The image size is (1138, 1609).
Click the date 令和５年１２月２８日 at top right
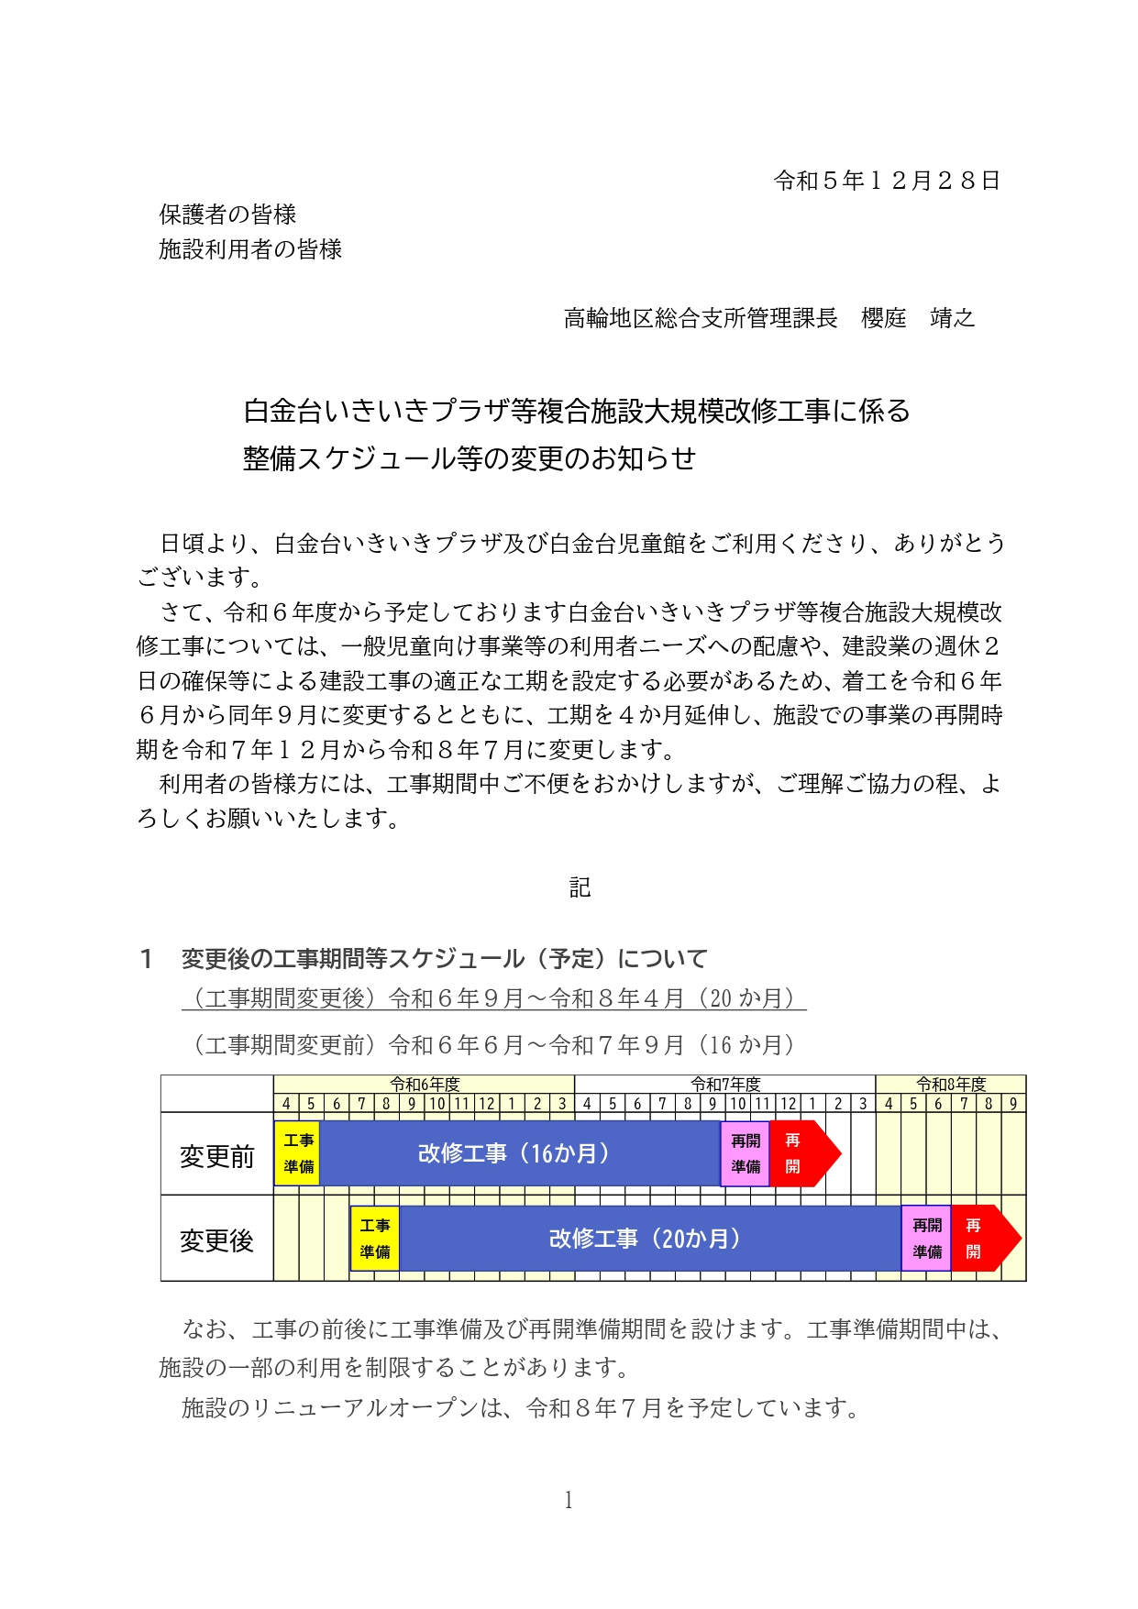tap(886, 181)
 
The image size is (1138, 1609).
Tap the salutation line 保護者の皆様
tap(227, 215)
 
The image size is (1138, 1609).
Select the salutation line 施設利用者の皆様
tap(250, 249)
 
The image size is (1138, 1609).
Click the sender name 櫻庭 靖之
tap(917, 318)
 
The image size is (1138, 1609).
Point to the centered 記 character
tap(580, 887)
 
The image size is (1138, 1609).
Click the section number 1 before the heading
tap(146, 959)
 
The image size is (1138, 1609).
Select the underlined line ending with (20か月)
tap(493, 998)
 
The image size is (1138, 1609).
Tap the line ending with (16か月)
tap(493, 1045)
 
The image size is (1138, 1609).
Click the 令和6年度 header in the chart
tap(424, 1085)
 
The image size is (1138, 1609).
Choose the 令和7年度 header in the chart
tap(724, 1085)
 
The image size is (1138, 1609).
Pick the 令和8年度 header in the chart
tap(950, 1085)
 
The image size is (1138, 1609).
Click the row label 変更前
tap(216, 1156)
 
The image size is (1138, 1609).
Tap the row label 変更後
tap(216, 1240)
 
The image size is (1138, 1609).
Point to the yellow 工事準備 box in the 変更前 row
tap(298, 1153)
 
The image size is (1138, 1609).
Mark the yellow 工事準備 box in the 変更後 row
tap(374, 1239)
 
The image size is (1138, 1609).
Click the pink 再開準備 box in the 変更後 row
tap(926, 1239)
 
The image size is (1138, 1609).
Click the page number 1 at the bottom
tap(569, 1500)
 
